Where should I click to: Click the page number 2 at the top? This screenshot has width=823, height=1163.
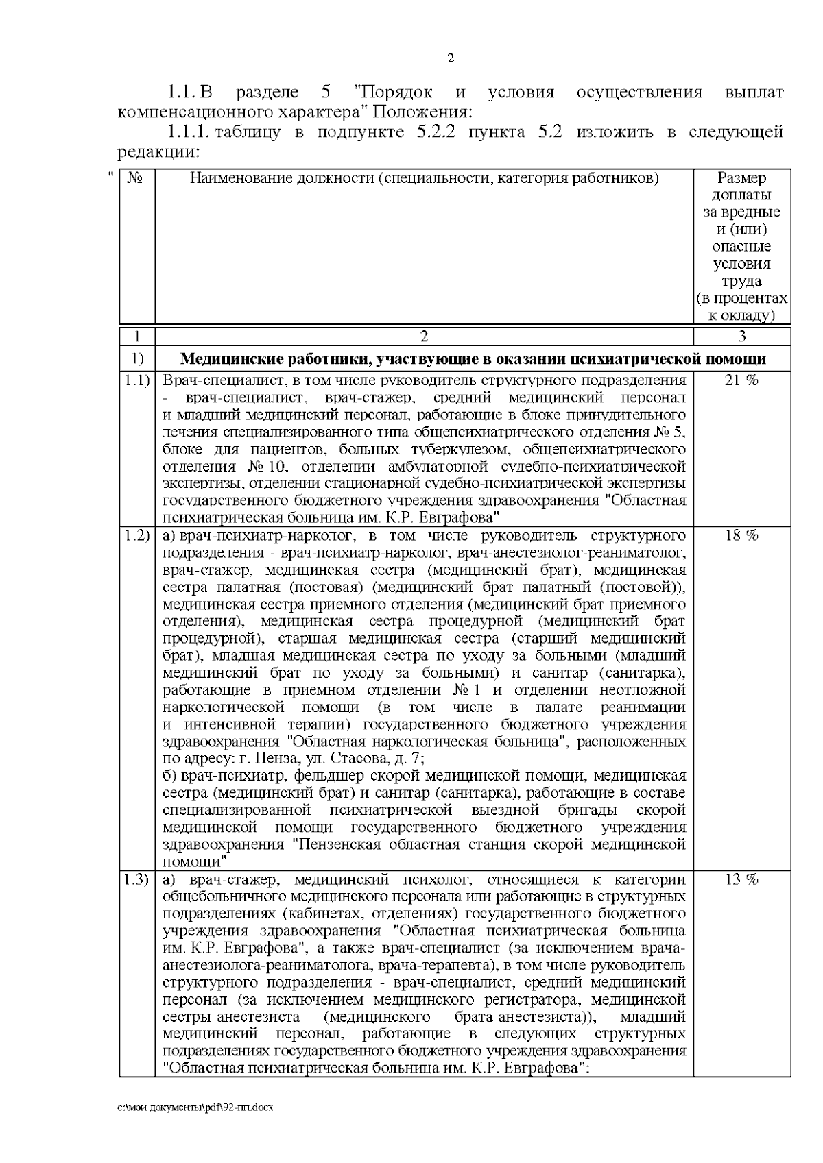tap(450, 59)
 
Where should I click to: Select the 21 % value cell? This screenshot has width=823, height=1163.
tap(741, 381)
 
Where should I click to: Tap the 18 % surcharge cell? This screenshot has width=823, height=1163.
tap(741, 536)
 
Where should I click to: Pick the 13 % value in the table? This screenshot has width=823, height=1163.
tap(741, 880)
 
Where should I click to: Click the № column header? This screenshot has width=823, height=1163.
tap(136, 180)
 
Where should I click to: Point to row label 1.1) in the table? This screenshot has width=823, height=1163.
tap(137, 381)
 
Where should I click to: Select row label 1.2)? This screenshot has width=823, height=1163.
tap(137, 536)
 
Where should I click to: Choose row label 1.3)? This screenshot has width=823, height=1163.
tap(137, 880)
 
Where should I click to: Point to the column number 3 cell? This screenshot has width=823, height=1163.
tap(741, 336)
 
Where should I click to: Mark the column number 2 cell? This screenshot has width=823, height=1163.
tap(424, 336)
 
